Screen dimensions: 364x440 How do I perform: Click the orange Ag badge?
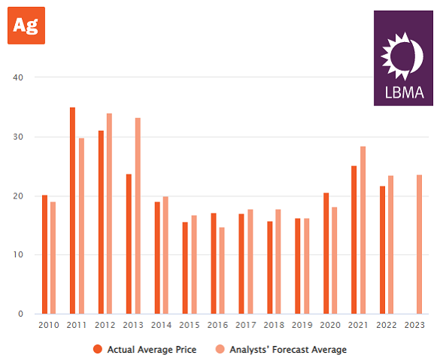26,26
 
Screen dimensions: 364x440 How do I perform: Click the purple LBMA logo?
403,58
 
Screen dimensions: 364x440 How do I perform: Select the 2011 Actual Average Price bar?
72,211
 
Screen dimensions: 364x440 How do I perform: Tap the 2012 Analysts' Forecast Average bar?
109,214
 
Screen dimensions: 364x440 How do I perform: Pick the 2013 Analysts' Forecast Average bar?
138,216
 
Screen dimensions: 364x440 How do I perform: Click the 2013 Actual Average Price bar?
129,244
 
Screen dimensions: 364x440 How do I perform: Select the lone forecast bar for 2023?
419,244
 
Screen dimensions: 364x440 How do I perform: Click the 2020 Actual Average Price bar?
326,253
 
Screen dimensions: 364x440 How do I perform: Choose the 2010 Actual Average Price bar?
44,254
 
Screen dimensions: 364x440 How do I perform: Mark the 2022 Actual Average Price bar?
382,250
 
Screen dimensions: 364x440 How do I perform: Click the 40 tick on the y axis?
19,77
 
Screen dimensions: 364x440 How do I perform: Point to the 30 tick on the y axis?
19,137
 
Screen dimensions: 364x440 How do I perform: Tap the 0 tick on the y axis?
21,314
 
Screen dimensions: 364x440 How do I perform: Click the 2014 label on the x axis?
161,325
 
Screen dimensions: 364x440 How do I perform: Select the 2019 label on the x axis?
302,325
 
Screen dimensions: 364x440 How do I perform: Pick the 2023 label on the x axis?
414,325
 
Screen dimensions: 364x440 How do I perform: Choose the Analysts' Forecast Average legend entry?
282,349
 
